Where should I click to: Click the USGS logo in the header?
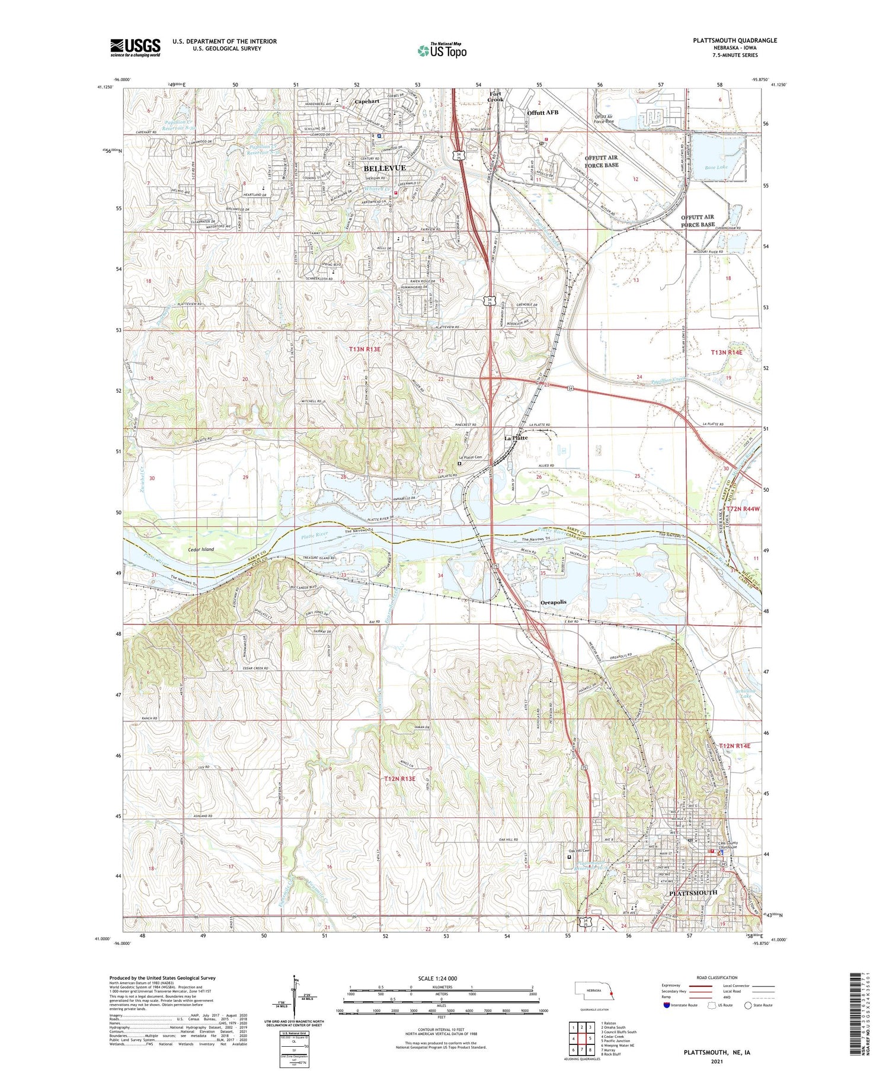[x=135, y=47]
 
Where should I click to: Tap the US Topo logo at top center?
[x=442, y=50]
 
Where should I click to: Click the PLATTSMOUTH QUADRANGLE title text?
[x=735, y=40]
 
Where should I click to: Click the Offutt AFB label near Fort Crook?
[x=542, y=112]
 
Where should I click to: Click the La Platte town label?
[x=516, y=438]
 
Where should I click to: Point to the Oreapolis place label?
[x=553, y=602]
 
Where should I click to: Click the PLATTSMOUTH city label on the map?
[x=693, y=892]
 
